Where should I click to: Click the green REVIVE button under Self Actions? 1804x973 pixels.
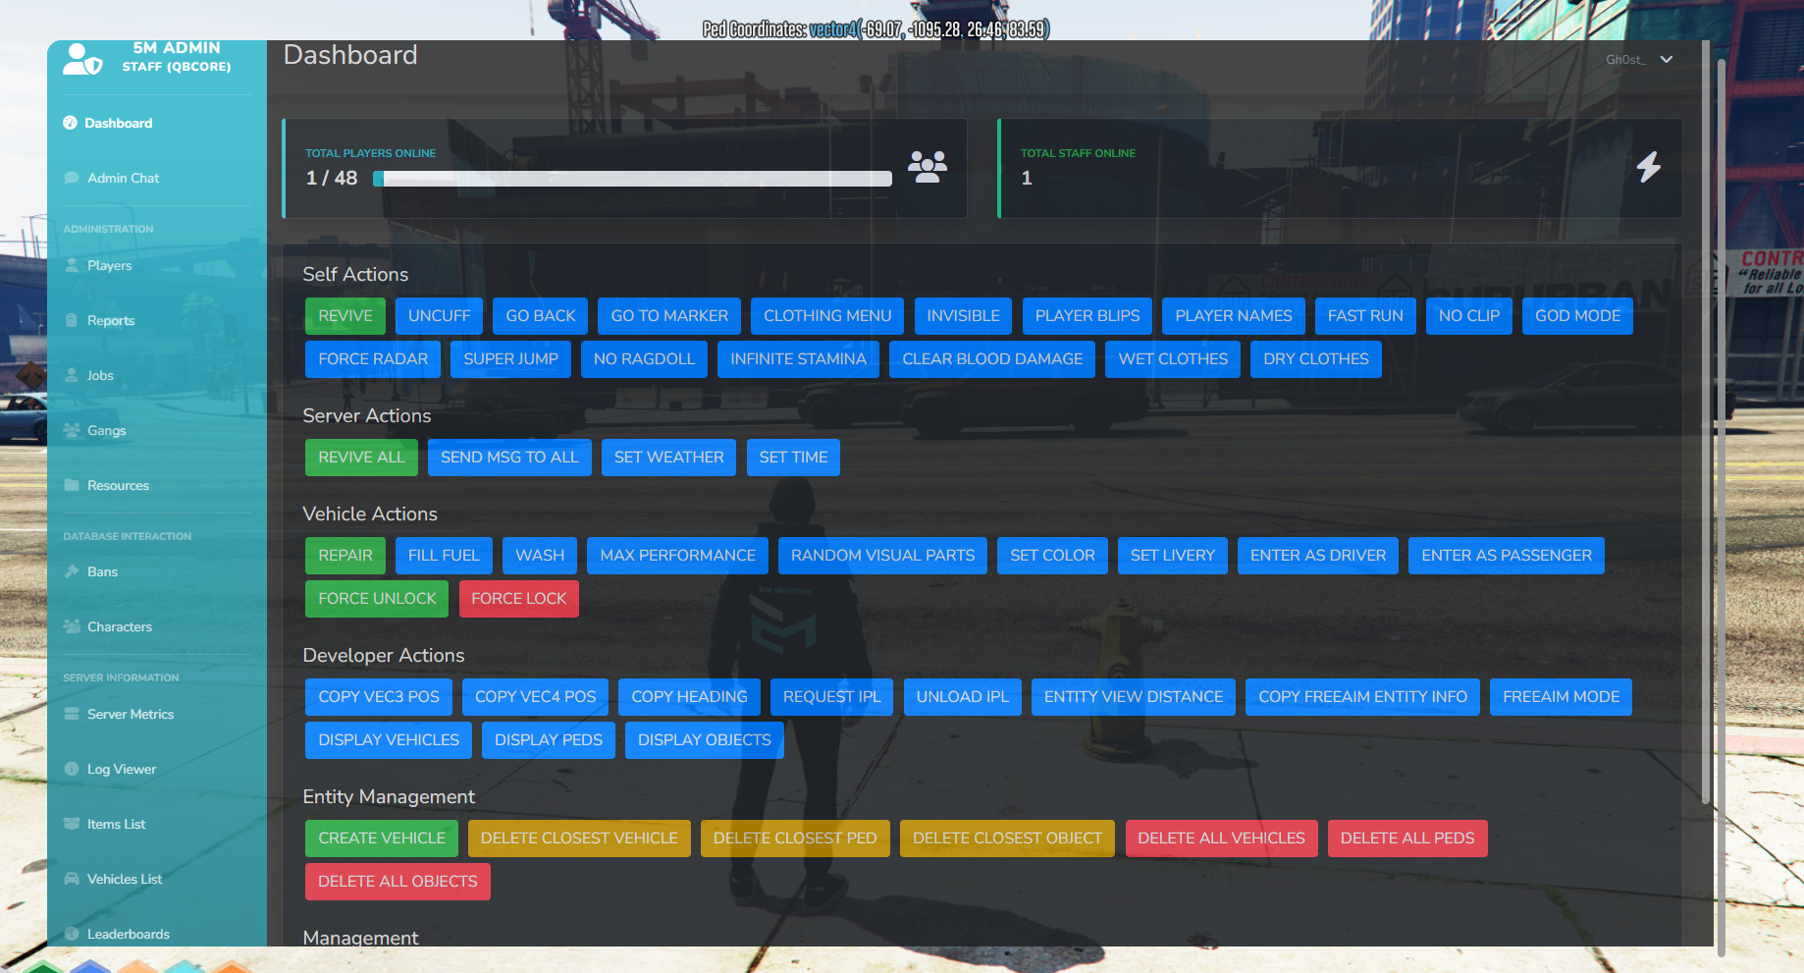(345, 316)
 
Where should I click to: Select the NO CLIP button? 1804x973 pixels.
(1468, 316)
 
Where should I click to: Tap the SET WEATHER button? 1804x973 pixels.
(668, 458)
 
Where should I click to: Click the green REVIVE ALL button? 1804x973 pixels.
(361, 458)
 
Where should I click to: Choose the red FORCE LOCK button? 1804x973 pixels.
(518, 599)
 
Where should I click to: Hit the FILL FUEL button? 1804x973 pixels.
(444, 556)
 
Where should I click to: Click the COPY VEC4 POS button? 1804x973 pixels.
(535, 697)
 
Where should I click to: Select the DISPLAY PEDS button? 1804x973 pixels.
(548, 740)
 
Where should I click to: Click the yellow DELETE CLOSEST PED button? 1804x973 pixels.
(795, 838)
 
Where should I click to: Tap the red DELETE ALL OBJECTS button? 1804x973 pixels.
(398, 882)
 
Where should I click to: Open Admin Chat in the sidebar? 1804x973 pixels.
(123, 178)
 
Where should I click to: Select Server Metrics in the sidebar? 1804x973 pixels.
(130, 714)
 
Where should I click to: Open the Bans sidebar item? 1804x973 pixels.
(102, 571)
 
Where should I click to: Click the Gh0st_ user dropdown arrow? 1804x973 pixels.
(1666, 60)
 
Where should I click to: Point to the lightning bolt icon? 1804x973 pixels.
(1649, 167)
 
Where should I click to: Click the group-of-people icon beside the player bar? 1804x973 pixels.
(927, 167)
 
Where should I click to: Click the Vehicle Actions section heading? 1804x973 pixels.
(370, 514)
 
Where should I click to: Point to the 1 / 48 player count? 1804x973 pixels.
(332, 178)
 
